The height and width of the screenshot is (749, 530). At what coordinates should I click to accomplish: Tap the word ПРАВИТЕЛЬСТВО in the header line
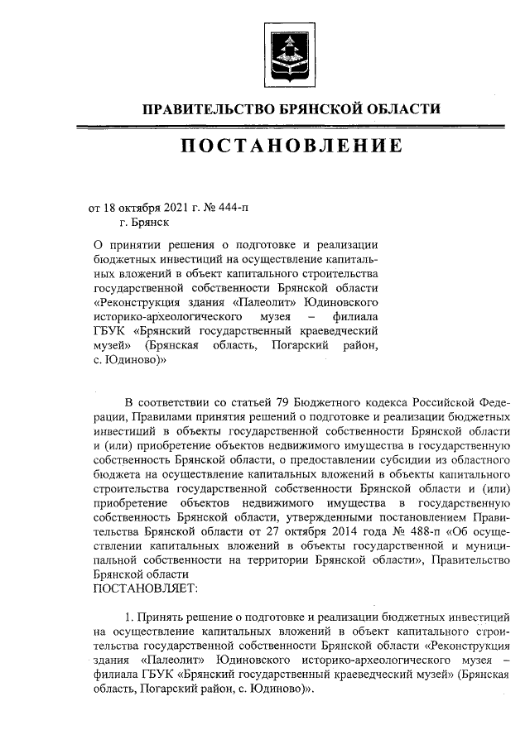195,108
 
